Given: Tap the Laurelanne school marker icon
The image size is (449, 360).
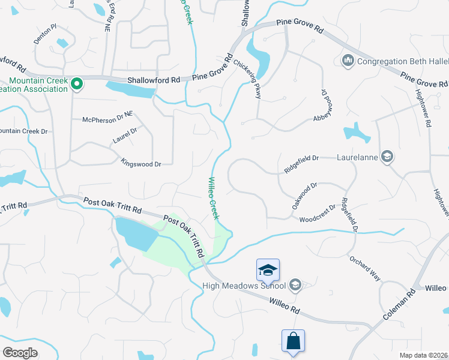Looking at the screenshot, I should [387, 157].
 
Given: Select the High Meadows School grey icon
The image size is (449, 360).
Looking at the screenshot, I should [295, 285].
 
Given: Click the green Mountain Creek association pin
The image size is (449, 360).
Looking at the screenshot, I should [76, 85].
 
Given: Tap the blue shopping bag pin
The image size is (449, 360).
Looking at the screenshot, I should [294, 341].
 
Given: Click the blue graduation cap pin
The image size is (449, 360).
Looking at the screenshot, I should [268, 271].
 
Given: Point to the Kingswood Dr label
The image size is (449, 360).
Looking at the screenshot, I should [141, 163].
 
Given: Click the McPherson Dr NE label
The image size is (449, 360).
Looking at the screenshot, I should [107, 119].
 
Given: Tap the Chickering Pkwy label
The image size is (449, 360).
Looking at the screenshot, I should [247, 74].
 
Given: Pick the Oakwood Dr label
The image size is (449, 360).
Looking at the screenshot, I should [304, 196].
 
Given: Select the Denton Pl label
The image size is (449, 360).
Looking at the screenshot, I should [45, 27].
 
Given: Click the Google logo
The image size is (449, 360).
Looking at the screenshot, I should [20, 353].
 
